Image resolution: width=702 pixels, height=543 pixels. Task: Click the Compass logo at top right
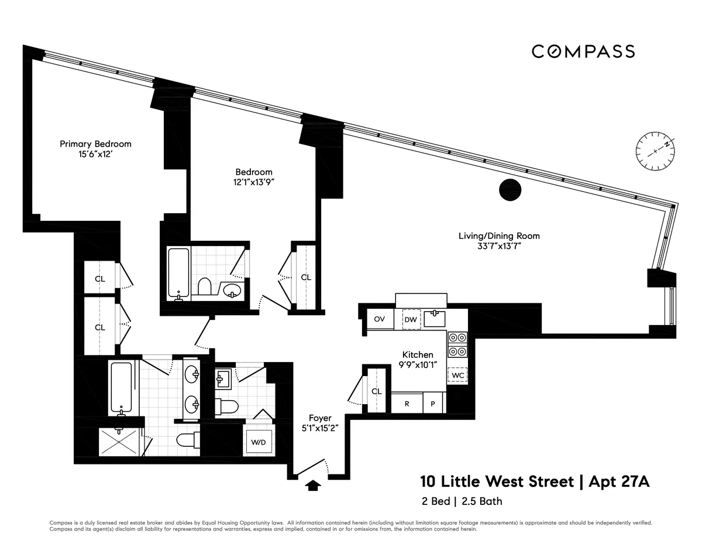click(x=583, y=52)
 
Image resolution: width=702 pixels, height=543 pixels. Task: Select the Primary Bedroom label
click(x=96, y=144)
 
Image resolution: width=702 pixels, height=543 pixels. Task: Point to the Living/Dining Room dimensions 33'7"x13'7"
click(x=498, y=247)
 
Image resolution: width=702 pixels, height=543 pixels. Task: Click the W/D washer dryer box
click(x=259, y=442)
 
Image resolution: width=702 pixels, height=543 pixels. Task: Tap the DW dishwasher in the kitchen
click(x=410, y=319)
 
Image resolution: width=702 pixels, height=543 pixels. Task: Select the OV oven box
click(x=379, y=319)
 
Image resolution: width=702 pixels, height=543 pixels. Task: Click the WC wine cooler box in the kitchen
click(x=457, y=375)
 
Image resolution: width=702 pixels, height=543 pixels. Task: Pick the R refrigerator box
click(x=407, y=404)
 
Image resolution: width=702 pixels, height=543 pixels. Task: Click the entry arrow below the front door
click(x=314, y=485)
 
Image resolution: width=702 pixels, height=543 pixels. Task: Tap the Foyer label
click(x=320, y=418)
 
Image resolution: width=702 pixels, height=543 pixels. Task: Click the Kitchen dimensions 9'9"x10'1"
click(x=418, y=366)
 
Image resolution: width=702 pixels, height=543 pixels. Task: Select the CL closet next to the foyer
click(x=376, y=391)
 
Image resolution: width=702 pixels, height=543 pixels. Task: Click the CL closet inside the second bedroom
click(x=306, y=277)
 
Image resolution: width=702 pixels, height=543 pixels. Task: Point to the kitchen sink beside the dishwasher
click(x=434, y=319)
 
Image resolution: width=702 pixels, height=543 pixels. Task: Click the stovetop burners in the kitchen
click(x=457, y=344)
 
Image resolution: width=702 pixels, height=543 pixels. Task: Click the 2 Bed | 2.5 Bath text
click(x=461, y=501)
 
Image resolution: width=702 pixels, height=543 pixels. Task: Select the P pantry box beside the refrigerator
click(x=433, y=404)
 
